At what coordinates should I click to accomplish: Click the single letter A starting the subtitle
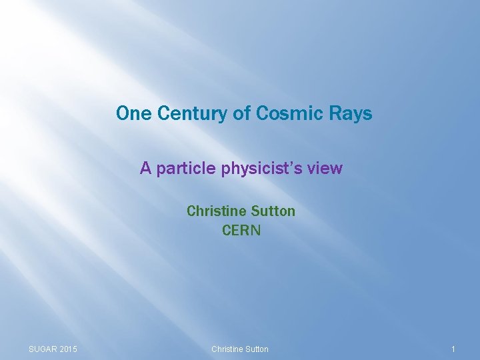pos(145,169)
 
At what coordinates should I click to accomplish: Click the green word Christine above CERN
pos(217,211)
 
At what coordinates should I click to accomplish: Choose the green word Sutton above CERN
pos(273,211)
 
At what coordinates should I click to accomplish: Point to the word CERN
pos(241,231)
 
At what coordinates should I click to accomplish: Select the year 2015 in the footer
pos(69,349)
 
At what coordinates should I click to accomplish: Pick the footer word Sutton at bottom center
pos(257,349)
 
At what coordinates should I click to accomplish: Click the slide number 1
pos(453,349)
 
